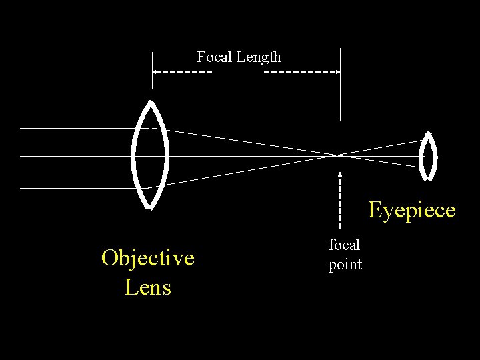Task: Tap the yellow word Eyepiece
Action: [412, 211]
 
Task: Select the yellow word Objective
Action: [147, 258]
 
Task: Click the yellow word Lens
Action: [147, 287]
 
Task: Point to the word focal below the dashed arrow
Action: [344, 245]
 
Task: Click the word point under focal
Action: [345, 265]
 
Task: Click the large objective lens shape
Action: [151, 155]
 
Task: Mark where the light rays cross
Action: [339, 155]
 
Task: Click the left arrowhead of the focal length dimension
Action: [155, 71]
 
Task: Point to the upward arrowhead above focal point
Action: [340, 175]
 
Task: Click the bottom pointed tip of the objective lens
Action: [150, 207]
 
